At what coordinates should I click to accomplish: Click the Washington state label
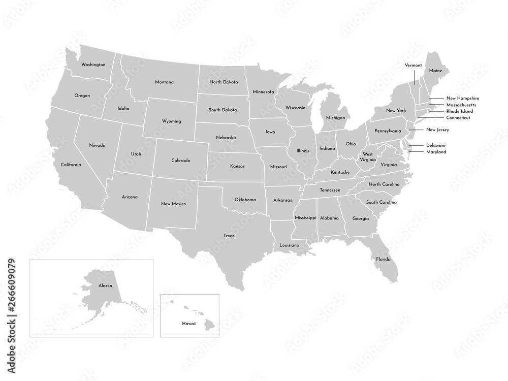click(93, 65)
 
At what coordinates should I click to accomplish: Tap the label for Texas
click(229, 235)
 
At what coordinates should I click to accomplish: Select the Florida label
click(384, 259)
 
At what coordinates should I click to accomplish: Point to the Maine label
click(435, 71)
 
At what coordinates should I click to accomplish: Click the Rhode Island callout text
click(459, 111)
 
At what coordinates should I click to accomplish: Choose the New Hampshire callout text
click(462, 98)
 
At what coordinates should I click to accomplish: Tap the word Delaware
click(436, 145)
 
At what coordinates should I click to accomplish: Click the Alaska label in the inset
click(106, 286)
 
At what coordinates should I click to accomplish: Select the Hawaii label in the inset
click(189, 323)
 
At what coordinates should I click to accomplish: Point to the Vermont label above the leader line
click(413, 66)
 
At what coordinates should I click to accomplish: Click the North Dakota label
click(224, 82)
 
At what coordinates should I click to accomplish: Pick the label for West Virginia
click(368, 156)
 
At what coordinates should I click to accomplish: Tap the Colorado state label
click(180, 161)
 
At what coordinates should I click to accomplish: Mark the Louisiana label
click(290, 245)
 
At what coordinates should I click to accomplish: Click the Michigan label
click(335, 117)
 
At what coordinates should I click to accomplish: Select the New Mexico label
click(173, 204)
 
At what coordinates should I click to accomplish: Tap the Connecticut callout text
click(458, 118)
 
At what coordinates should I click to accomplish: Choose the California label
click(71, 165)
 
